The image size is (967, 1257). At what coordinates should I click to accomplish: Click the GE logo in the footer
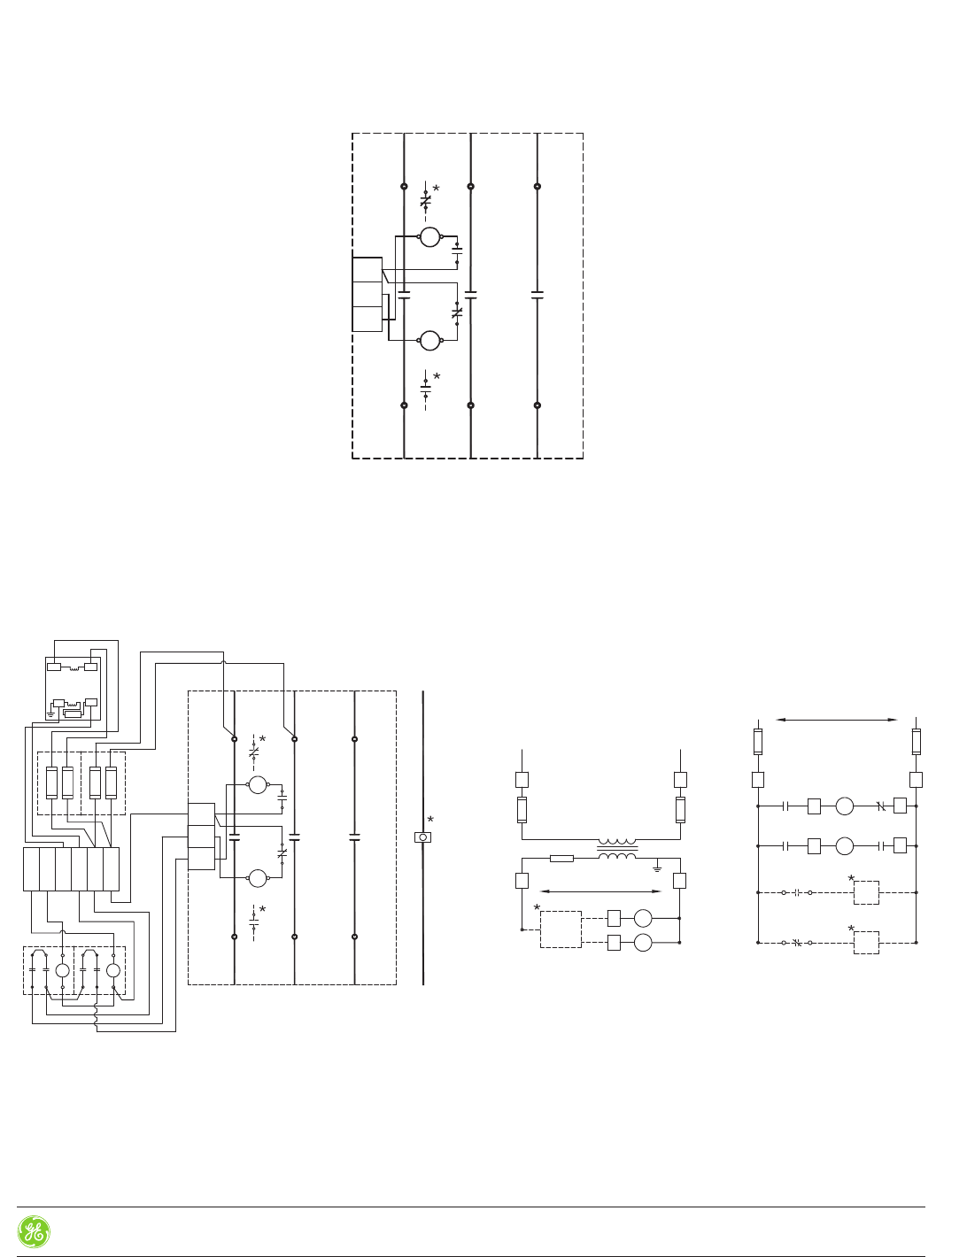click(34, 1231)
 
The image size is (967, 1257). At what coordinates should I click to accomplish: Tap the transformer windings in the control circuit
click(617, 849)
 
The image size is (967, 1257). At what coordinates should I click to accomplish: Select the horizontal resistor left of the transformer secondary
click(561, 858)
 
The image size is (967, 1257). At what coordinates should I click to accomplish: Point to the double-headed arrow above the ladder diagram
click(837, 720)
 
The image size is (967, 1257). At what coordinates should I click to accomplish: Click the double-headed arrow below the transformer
click(600, 891)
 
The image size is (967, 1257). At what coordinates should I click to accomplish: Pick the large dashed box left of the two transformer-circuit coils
click(561, 929)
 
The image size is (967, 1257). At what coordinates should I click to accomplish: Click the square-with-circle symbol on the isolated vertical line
click(423, 837)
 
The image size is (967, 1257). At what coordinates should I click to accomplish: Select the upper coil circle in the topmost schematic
click(429, 236)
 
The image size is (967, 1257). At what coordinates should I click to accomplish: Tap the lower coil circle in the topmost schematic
click(429, 340)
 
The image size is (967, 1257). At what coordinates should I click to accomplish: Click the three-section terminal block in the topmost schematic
click(367, 294)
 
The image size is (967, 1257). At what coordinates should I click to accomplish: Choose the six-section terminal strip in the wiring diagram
click(71, 868)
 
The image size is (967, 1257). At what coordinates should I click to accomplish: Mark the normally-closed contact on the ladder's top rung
click(880, 806)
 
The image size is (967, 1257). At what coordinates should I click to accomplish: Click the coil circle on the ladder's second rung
click(845, 845)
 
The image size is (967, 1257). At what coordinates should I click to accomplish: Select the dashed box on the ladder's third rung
click(865, 892)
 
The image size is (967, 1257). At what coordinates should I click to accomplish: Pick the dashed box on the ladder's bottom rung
click(865, 942)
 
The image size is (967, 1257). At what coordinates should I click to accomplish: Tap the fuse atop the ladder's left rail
click(758, 741)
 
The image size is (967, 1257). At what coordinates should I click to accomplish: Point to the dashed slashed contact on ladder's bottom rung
click(796, 943)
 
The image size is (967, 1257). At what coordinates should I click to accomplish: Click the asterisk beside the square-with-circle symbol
click(431, 820)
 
